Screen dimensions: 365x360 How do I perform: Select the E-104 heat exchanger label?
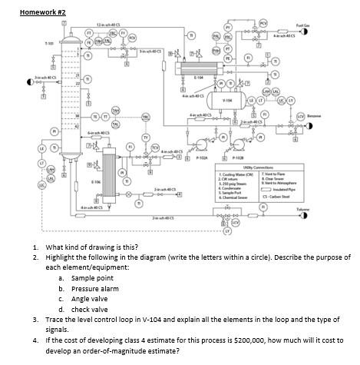pyautogui.click(x=198, y=78)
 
